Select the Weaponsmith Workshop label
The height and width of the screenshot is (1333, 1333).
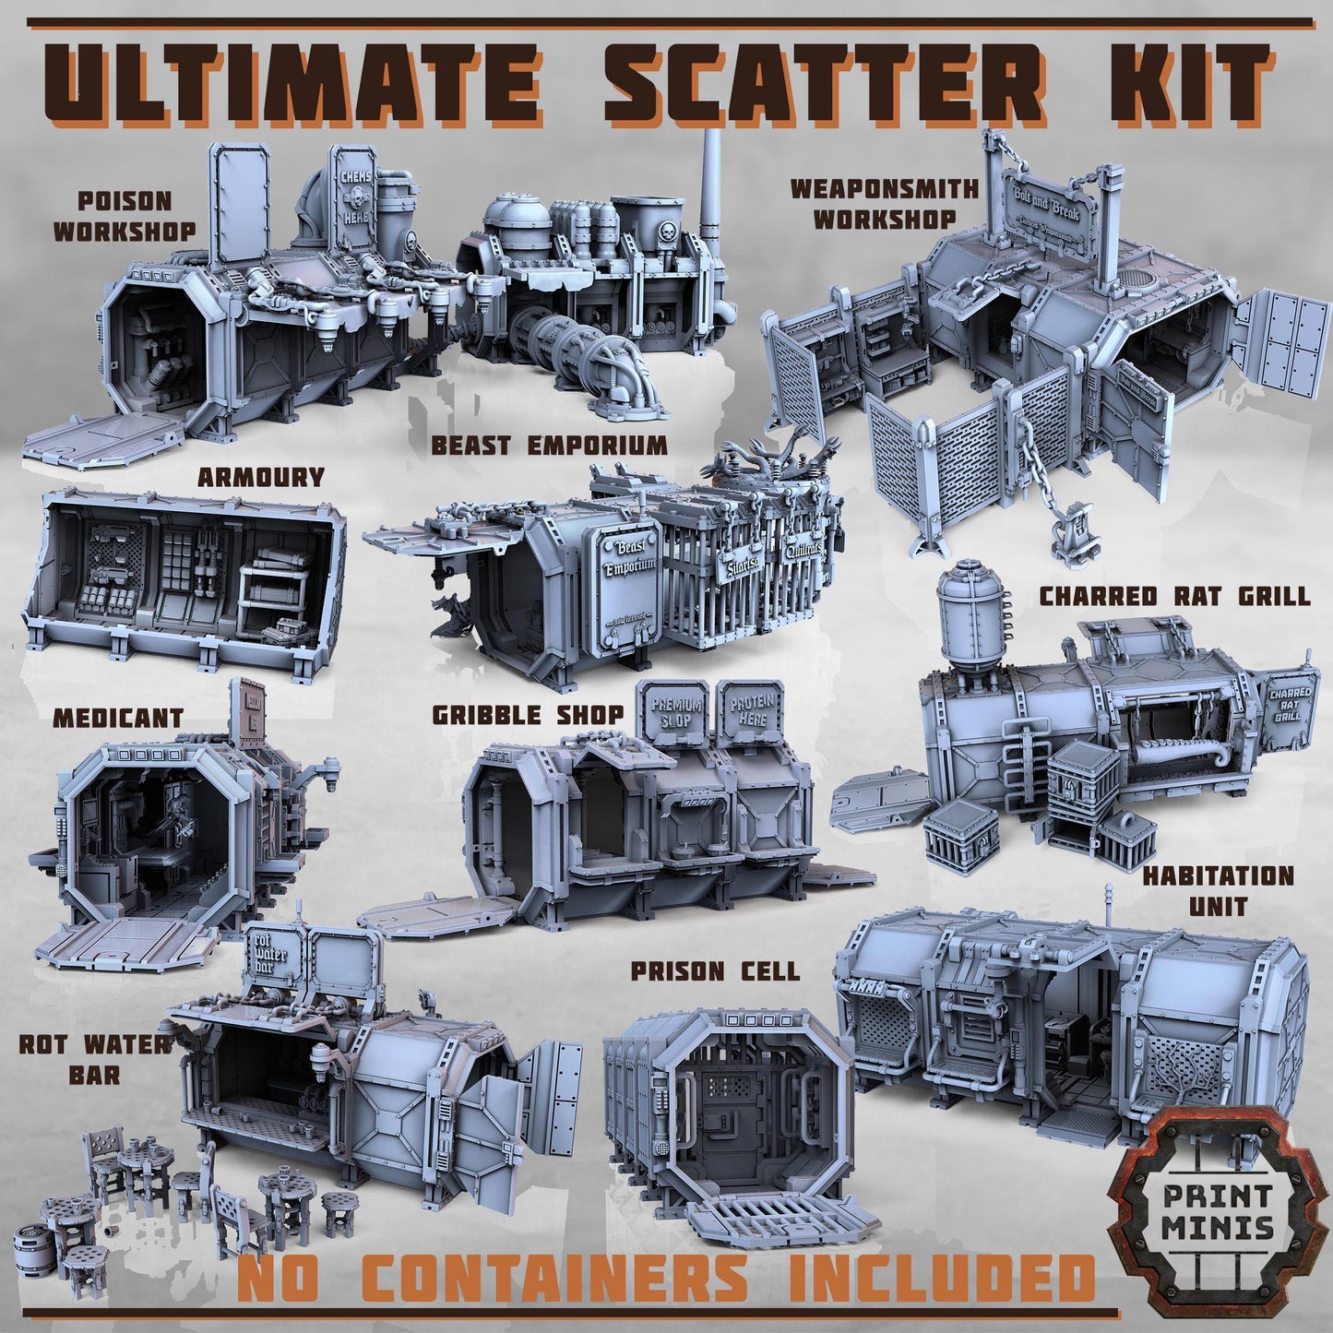pos(872,204)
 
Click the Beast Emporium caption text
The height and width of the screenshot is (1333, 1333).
pos(549,446)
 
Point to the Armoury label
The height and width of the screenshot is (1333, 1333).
pos(261,477)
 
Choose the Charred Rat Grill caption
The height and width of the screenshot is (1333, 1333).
pos(1174,596)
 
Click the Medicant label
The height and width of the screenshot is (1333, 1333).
pos(117,717)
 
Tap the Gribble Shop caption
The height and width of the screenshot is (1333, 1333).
pos(528,714)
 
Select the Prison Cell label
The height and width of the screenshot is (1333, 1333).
pos(715,970)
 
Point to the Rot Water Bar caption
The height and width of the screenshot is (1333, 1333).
pos(95,1058)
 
